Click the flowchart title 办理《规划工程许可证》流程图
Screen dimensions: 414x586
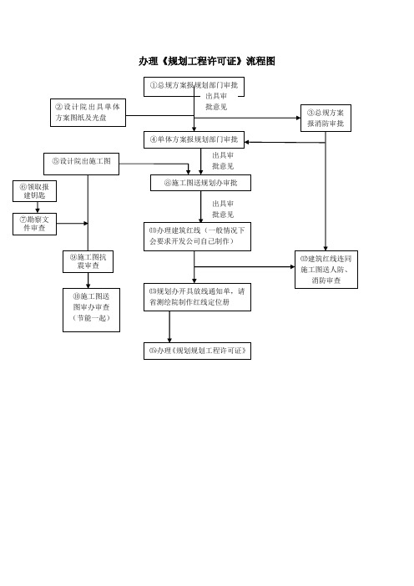[207, 61]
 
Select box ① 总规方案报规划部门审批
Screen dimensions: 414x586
[194, 87]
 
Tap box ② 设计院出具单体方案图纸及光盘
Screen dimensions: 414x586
[88, 113]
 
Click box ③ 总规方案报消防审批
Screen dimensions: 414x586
[326, 118]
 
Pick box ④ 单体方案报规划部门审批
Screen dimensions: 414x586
[194, 139]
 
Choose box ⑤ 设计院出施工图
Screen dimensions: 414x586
[81, 164]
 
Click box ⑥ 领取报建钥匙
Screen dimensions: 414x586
[34, 191]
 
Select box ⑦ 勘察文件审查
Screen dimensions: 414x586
[34, 224]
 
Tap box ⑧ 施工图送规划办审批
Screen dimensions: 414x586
[200, 183]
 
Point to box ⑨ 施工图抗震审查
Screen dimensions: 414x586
[88, 261]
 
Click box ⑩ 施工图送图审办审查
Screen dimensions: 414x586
[91, 310]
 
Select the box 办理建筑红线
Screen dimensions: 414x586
[197, 236]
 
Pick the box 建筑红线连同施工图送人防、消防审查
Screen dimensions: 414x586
[326, 270]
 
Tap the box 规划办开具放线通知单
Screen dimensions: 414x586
[197, 297]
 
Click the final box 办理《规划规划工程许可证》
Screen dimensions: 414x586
[197, 351]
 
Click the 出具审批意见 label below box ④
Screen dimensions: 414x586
[223, 161]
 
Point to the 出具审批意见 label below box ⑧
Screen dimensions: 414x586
[223, 210]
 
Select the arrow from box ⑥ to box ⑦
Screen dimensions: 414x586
[38, 207]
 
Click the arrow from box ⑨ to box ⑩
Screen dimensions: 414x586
[88, 280]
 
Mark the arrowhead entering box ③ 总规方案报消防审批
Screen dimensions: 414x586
[298, 118]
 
